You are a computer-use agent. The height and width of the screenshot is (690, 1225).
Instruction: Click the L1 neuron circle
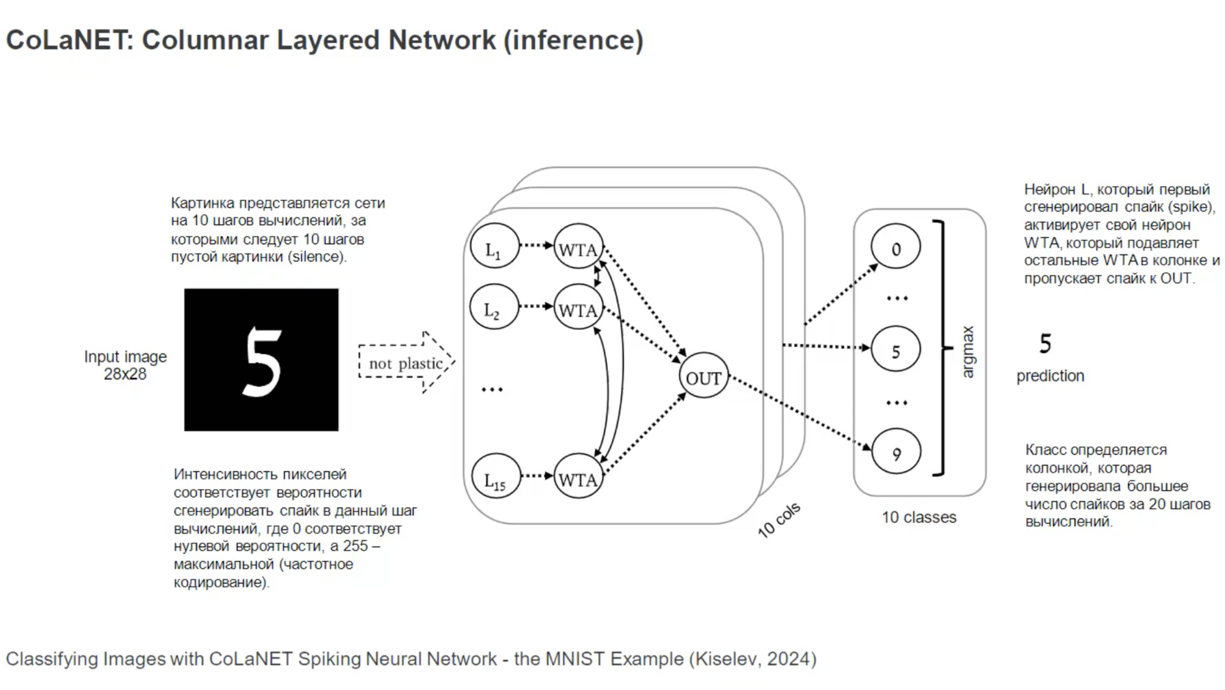[x=494, y=246]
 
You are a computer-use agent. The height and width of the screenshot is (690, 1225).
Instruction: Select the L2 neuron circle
[x=494, y=307]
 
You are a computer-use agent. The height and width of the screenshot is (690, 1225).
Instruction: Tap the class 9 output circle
[x=896, y=451]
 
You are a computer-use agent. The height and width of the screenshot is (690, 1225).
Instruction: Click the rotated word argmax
[x=968, y=352]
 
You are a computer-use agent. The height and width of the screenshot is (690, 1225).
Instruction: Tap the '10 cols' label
[x=779, y=520]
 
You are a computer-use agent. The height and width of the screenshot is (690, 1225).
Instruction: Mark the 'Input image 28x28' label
[x=126, y=365]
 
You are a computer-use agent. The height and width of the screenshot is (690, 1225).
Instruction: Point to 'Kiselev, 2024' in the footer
[x=753, y=659]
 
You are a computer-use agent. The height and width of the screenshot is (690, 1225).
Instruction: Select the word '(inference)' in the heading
[x=573, y=40]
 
